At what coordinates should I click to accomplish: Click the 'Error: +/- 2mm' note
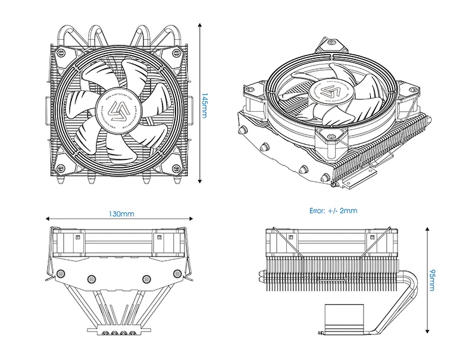[x=333, y=211]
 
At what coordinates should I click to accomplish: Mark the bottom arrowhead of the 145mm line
[x=200, y=182]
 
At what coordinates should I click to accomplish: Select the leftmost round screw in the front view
[x=60, y=274]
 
